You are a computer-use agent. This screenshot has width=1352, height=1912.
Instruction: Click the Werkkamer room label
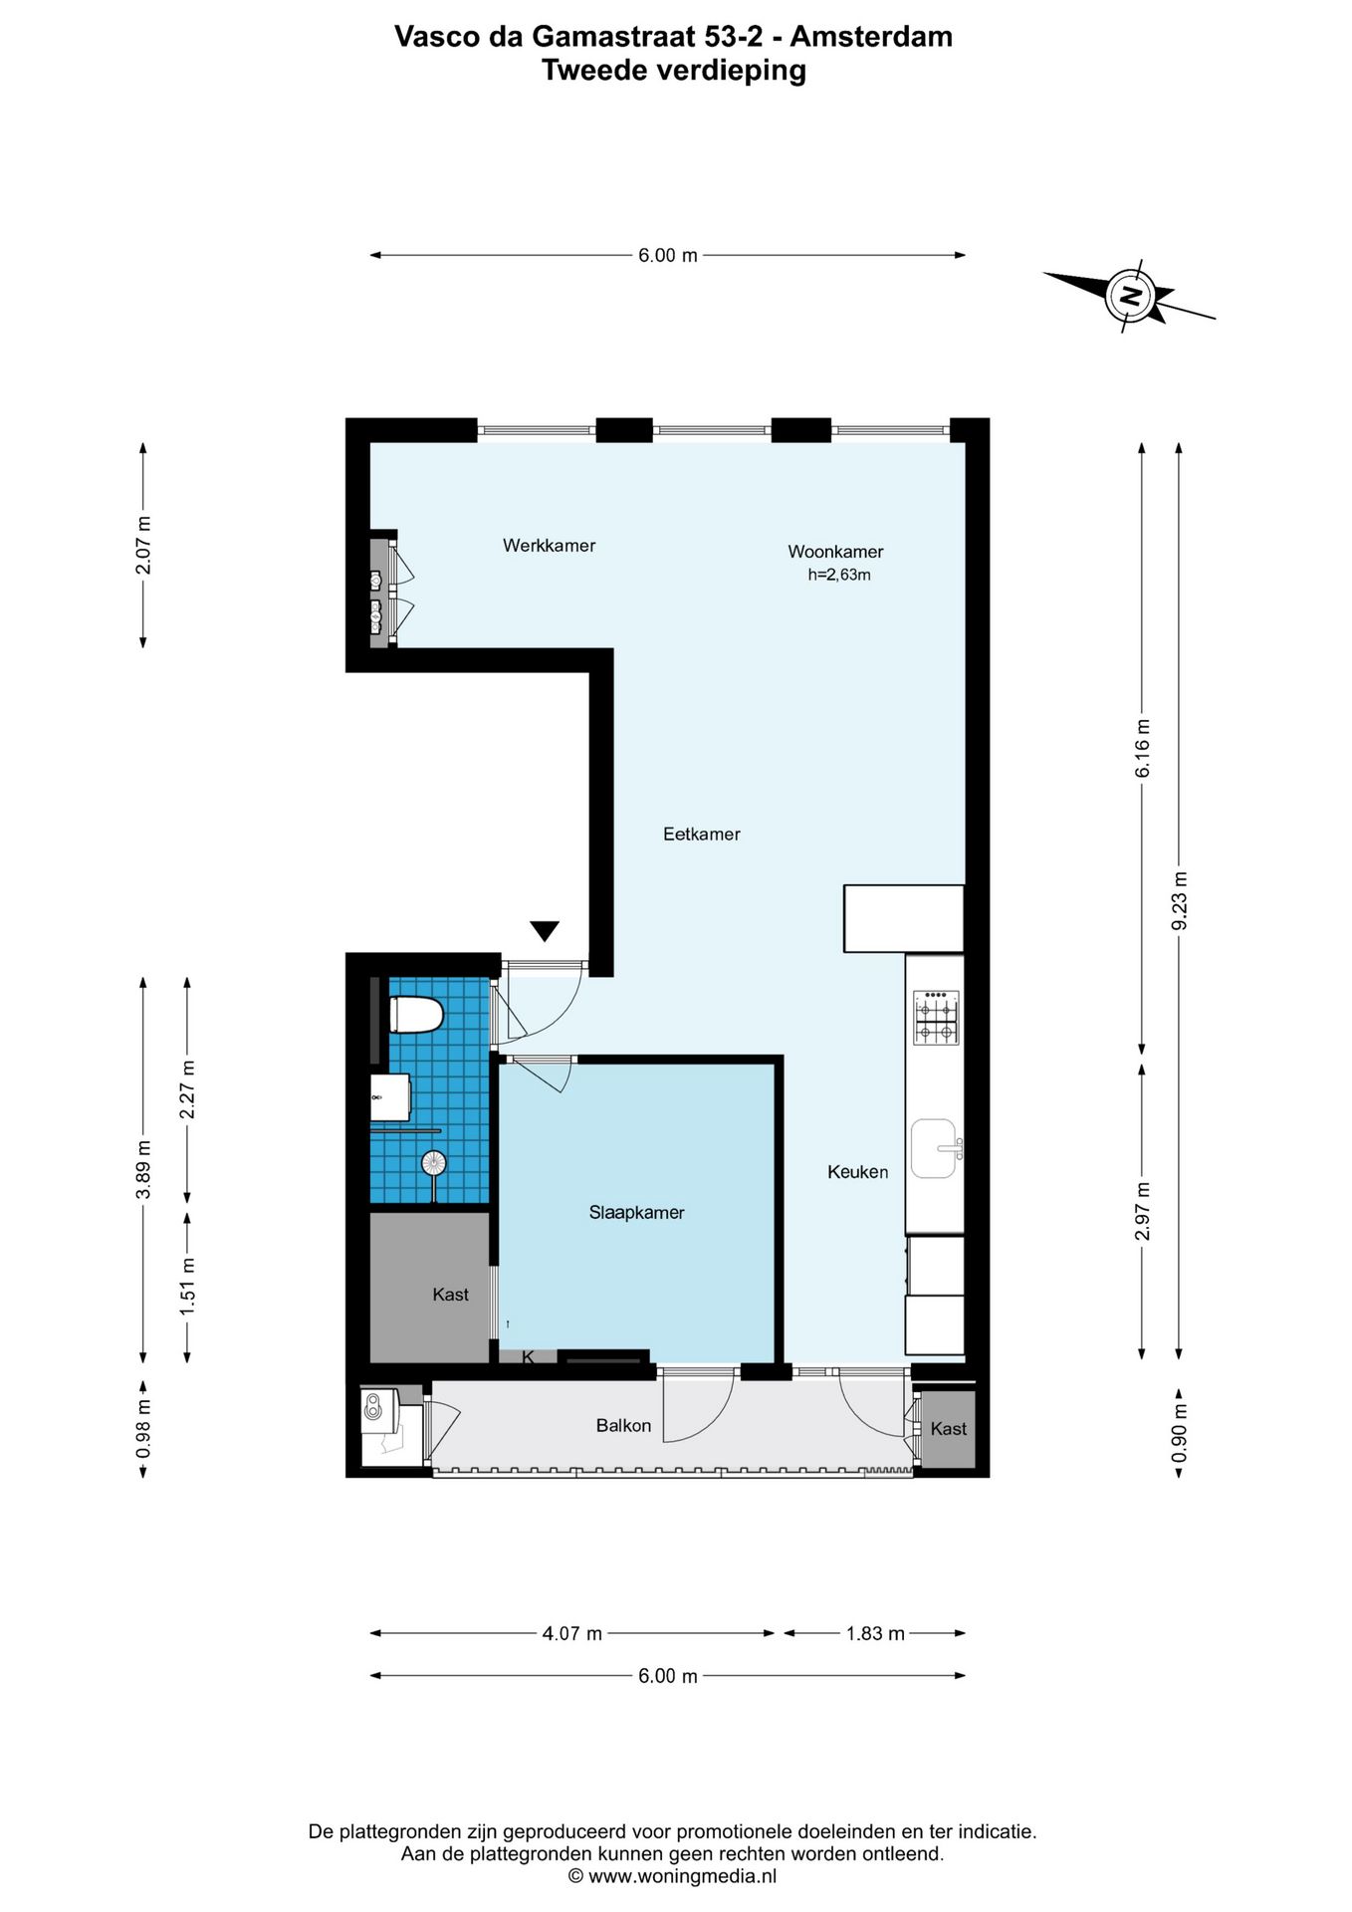pyautogui.click(x=549, y=546)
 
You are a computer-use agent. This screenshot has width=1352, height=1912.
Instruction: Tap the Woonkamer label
pyautogui.click(x=835, y=552)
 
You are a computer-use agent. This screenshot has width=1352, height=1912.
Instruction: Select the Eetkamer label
pyautogui.click(x=702, y=835)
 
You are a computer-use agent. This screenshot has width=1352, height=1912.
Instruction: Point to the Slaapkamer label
pyautogui.click(x=636, y=1213)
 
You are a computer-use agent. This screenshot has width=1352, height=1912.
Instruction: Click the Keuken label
pyautogui.click(x=857, y=1172)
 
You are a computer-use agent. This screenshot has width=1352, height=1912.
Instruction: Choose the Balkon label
pyautogui.click(x=623, y=1426)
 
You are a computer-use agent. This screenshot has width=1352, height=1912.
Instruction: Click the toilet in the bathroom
pyautogui.click(x=415, y=1016)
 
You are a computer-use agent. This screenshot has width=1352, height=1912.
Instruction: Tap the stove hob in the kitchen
pyautogui.click(x=936, y=1017)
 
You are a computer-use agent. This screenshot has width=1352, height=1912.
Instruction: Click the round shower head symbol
pyautogui.click(x=434, y=1162)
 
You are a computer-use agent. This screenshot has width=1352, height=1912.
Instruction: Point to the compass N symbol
pyautogui.click(x=1130, y=296)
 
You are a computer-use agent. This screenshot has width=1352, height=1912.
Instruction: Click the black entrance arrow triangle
pyautogui.click(x=545, y=931)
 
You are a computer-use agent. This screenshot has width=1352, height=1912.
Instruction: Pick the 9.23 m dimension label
pyautogui.click(x=1180, y=900)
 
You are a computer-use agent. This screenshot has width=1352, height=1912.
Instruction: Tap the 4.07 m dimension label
pyautogui.click(x=572, y=1633)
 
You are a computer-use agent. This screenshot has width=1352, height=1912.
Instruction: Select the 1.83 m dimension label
pyautogui.click(x=875, y=1633)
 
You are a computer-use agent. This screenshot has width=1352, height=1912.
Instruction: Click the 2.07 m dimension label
pyautogui.click(x=143, y=545)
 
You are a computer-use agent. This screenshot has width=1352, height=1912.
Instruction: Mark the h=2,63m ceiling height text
pyautogui.click(x=839, y=575)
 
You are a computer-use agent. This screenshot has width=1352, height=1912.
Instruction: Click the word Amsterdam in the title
pyautogui.click(x=871, y=37)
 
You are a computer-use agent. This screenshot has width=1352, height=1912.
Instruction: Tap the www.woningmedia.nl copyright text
pyautogui.click(x=672, y=1877)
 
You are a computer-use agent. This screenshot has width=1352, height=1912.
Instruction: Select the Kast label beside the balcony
pyautogui.click(x=948, y=1429)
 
